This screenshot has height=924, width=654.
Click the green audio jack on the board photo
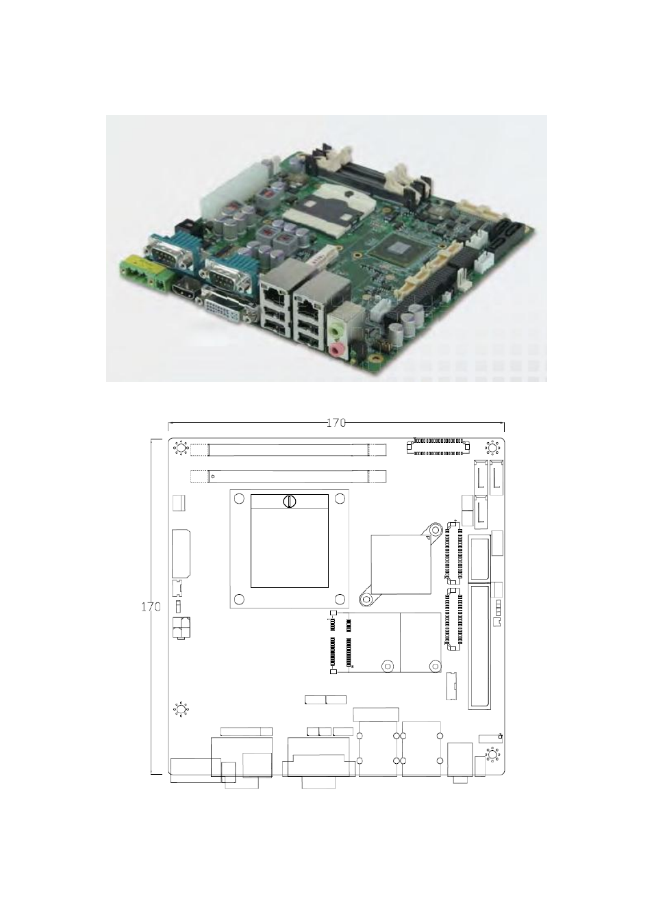click(x=338, y=329)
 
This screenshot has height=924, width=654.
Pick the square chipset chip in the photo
click(x=400, y=250)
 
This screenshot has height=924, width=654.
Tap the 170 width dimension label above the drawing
click(x=336, y=423)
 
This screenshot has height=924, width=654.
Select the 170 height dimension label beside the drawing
click(x=151, y=607)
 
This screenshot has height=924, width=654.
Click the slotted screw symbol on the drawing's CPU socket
click(x=290, y=501)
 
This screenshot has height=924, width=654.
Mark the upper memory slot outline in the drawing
click(x=288, y=450)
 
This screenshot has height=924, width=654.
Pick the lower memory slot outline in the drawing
click(x=288, y=476)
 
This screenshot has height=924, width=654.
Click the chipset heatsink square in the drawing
click(x=401, y=565)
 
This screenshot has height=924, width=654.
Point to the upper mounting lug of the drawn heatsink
click(x=433, y=529)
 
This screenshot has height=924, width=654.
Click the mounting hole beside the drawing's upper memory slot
click(x=180, y=448)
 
